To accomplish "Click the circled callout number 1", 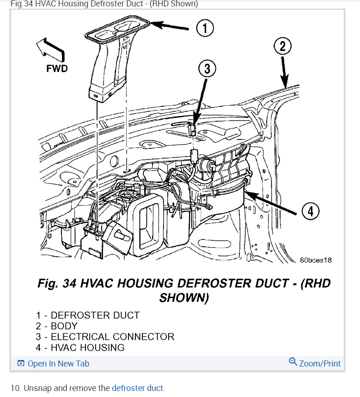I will [205, 29].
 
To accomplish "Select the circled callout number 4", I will [311, 212].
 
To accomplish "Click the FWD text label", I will [57, 68].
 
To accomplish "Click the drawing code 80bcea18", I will [316, 260].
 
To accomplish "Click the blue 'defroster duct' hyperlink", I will [138, 388].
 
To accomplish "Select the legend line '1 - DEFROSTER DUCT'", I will [88, 315].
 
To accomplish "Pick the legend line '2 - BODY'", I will [57, 326].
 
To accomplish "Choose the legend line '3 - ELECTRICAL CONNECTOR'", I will [105, 336].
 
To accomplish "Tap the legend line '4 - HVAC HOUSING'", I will [80, 348].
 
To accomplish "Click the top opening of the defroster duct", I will [118, 27].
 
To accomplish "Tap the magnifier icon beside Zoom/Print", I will [293, 362].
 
